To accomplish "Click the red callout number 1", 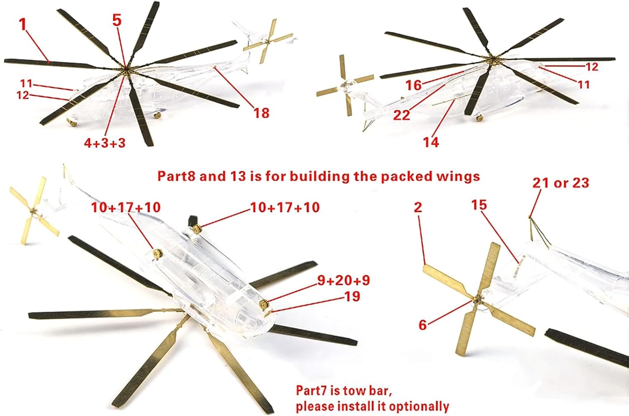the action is [23, 24].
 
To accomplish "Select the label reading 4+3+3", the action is [105, 143].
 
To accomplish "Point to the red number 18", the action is [261, 113].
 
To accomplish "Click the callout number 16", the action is [413, 85].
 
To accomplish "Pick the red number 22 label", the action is [402, 115].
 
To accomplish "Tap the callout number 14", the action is [431, 142].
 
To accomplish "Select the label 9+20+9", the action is [344, 280].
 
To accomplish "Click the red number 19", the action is [352, 296].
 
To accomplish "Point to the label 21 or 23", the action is [561, 183].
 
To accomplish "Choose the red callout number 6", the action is [423, 325].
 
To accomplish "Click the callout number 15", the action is [479, 205].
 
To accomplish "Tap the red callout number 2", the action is [418, 207].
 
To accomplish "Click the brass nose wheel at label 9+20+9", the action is [263, 303].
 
